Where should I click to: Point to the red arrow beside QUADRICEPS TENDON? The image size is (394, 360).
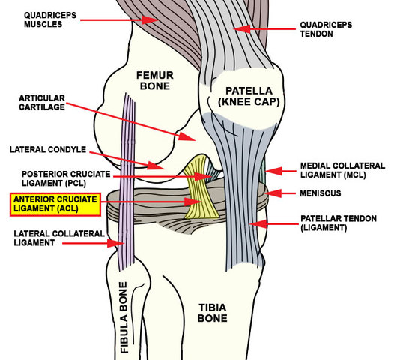click(261, 28)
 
